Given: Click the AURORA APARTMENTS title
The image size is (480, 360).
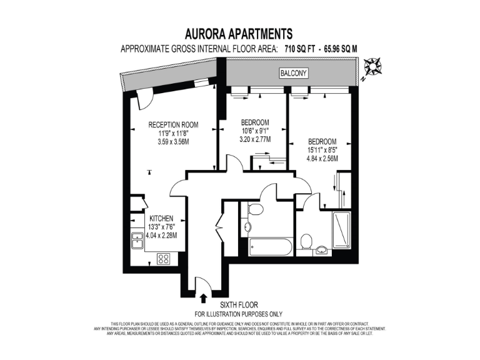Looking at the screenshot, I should pyautogui.click(x=239, y=33).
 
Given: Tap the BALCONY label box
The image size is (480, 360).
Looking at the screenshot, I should pyautogui.click(x=293, y=74).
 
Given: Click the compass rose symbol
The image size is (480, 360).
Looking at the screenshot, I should pyautogui.click(x=374, y=66).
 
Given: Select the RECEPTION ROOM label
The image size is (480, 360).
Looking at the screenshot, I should pyautogui.click(x=172, y=124).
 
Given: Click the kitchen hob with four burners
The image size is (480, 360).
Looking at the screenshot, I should pyautogui.click(x=164, y=258).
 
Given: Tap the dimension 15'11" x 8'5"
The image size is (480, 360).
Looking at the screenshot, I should pyautogui.click(x=322, y=149).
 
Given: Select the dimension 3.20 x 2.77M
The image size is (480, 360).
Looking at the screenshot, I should pyautogui.click(x=254, y=140).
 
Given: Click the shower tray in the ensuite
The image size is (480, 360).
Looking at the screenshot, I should pyautogui.click(x=342, y=231).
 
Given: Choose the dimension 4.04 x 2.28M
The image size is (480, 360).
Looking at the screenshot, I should pyautogui.click(x=161, y=236).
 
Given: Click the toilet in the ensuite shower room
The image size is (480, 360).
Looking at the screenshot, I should pyautogui.click(x=306, y=241).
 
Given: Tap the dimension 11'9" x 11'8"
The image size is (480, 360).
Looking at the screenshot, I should pyautogui.click(x=172, y=133).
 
